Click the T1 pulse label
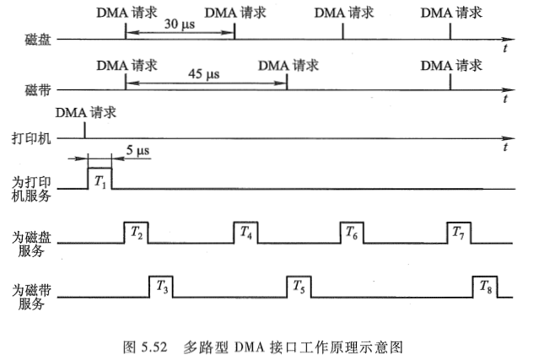tap(100, 180)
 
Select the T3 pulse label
tap(162, 287)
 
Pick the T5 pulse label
tap(299, 287)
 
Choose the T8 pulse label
tap(484, 287)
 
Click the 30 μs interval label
tap(179, 25)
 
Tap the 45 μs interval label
tap(205, 75)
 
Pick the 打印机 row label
tap(35, 137)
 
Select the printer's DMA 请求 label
tap(85, 112)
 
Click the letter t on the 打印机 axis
tap(504, 148)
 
